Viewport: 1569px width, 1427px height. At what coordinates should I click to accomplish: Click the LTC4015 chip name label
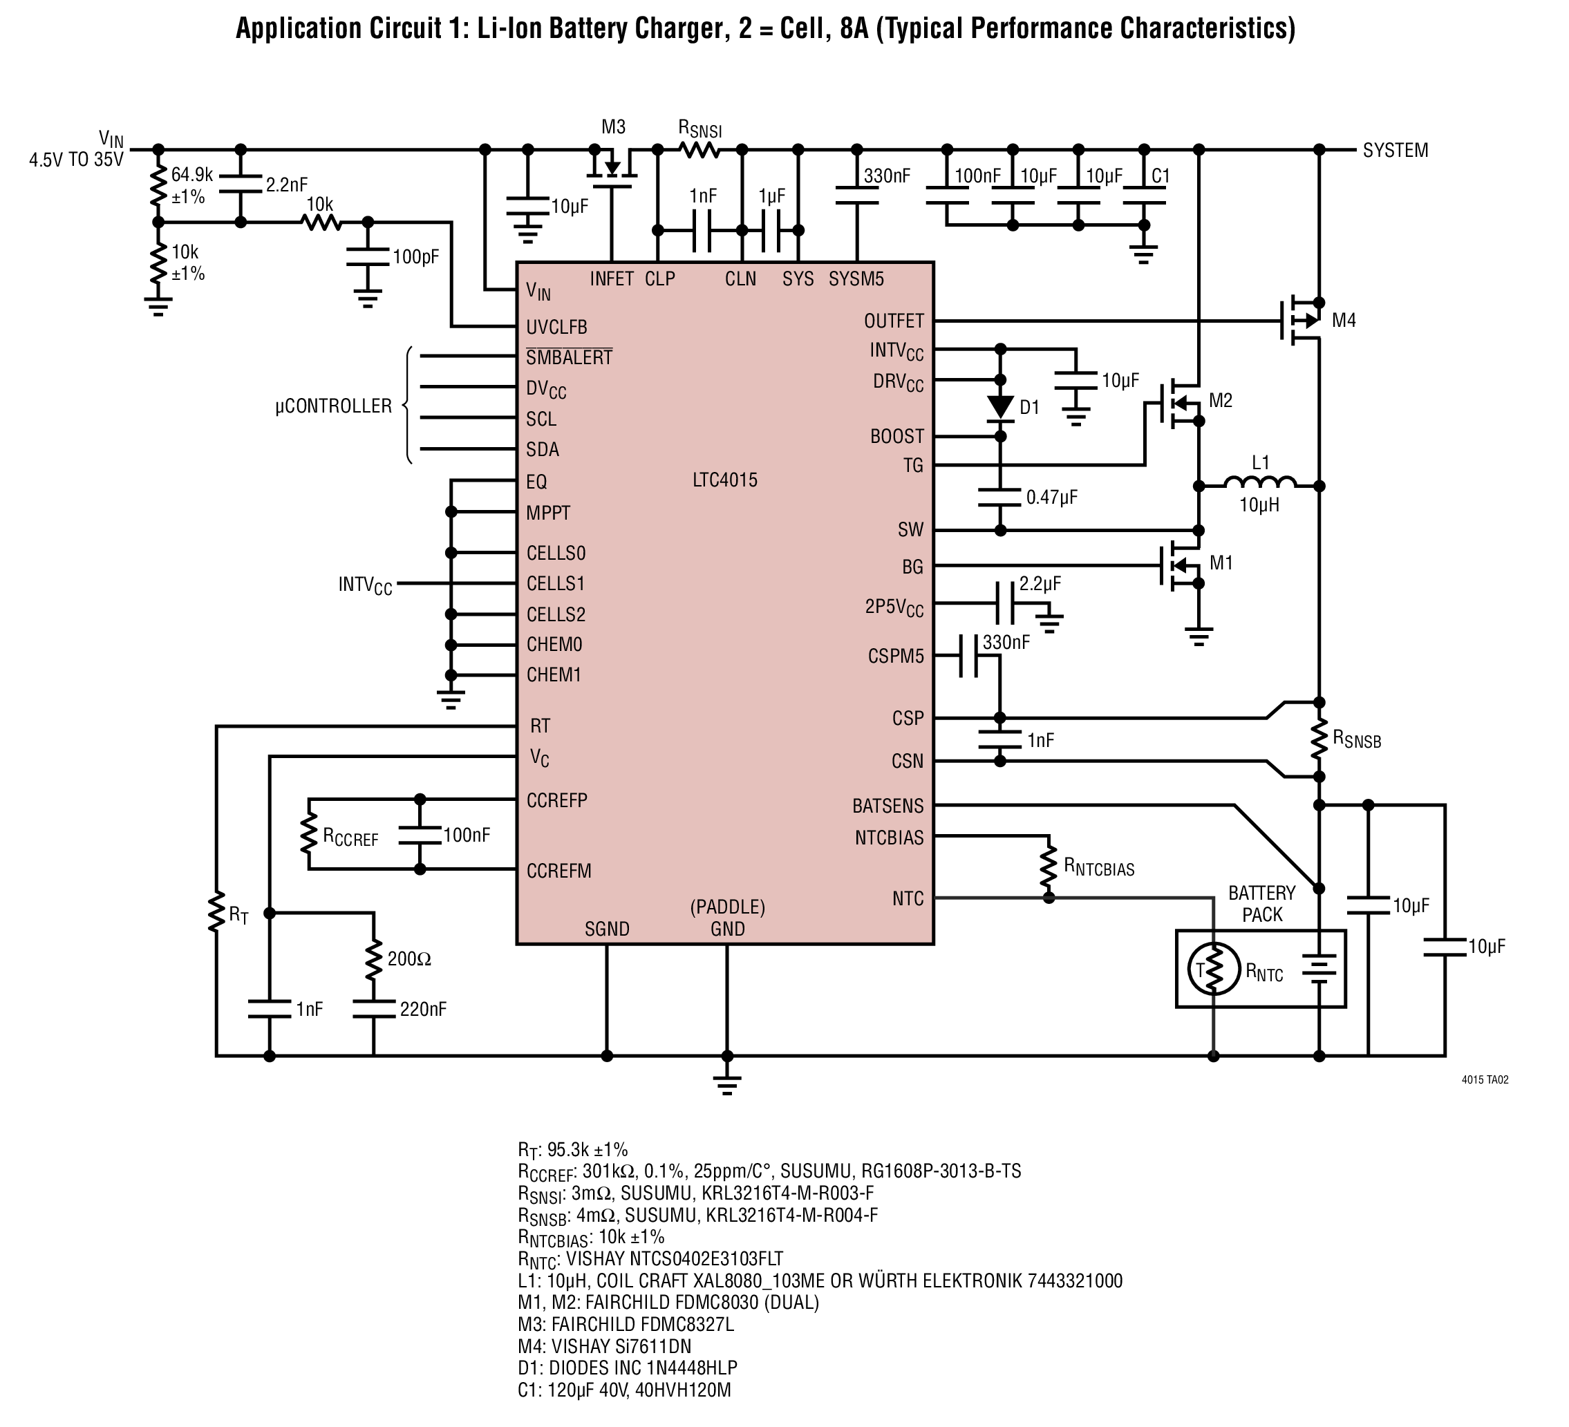click(x=724, y=480)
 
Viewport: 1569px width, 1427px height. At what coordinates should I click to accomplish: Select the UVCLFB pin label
click(x=556, y=328)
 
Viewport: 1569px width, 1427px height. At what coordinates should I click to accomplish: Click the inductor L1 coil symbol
click(x=1259, y=482)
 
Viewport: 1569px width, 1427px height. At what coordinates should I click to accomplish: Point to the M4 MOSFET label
click(x=1344, y=321)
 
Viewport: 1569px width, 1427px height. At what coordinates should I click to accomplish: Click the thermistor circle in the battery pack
click(x=1213, y=969)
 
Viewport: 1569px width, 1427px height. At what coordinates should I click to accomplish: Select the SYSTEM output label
click(x=1396, y=150)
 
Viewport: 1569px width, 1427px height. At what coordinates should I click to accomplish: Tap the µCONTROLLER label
click(x=333, y=406)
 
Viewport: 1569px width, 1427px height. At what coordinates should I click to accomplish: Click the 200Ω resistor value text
click(x=408, y=959)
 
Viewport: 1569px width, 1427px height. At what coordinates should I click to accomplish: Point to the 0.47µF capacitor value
click(x=1051, y=497)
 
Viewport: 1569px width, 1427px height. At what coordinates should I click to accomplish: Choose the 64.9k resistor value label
click(x=191, y=175)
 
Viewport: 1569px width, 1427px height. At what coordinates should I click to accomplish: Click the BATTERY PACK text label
click(x=1261, y=903)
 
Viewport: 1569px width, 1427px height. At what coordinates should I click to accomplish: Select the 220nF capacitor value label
click(x=424, y=1009)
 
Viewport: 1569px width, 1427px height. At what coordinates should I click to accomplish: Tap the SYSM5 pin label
click(x=856, y=279)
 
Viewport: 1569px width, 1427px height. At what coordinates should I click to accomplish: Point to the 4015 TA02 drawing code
click(x=1485, y=1080)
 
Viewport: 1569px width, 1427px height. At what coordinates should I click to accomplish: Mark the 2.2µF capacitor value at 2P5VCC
click(x=1040, y=583)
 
